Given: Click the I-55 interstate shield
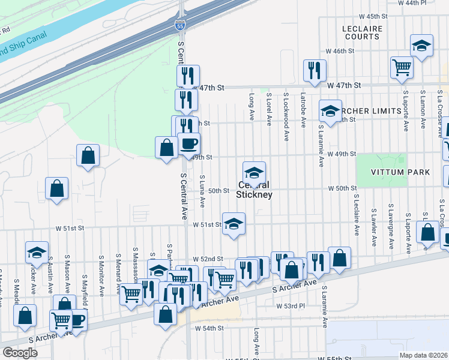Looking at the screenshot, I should point(179,25).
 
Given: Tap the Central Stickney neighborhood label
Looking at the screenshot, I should point(254,190).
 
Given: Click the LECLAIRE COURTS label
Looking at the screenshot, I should point(361,32).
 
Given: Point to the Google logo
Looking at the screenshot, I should point(20,353).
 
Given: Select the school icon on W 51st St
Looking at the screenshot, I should point(234,224).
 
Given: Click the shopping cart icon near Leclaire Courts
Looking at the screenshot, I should point(401,67).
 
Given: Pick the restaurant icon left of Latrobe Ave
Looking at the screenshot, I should point(315,70).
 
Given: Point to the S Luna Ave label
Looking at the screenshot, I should point(202,192).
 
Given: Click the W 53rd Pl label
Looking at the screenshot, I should point(291,306).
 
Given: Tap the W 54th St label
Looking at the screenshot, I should point(209,328).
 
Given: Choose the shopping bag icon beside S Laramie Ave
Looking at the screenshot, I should point(339,258).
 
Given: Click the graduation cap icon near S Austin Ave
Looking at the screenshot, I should point(37,253).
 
